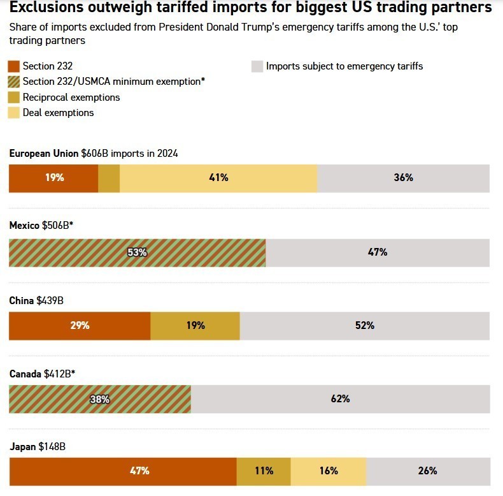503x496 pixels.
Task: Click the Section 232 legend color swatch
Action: click(x=13, y=66)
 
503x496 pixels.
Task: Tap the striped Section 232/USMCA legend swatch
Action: click(x=13, y=82)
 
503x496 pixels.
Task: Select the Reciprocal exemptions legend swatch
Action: click(x=13, y=98)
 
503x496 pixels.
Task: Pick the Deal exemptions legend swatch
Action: click(x=13, y=113)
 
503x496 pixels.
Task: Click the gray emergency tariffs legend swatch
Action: click(x=257, y=66)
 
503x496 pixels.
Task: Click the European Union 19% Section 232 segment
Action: click(x=53, y=178)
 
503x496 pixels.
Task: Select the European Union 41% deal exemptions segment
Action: click(x=218, y=178)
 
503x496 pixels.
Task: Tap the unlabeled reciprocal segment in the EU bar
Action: click(x=109, y=178)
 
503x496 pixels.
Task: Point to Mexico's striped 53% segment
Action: click(x=137, y=252)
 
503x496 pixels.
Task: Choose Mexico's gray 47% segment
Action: click(x=378, y=252)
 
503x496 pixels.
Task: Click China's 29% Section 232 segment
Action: click(x=80, y=326)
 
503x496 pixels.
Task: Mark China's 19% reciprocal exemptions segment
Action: click(x=195, y=326)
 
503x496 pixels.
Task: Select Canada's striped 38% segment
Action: click(x=100, y=399)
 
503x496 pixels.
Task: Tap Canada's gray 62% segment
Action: click(x=340, y=399)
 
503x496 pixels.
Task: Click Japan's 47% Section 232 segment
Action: click(x=123, y=471)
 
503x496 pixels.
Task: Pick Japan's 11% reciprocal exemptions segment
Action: click(x=264, y=471)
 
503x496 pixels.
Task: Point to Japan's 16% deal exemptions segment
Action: click(x=329, y=471)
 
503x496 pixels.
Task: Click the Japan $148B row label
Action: click(x=38, y=447)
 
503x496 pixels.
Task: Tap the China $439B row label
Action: click(x=36, y=300)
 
